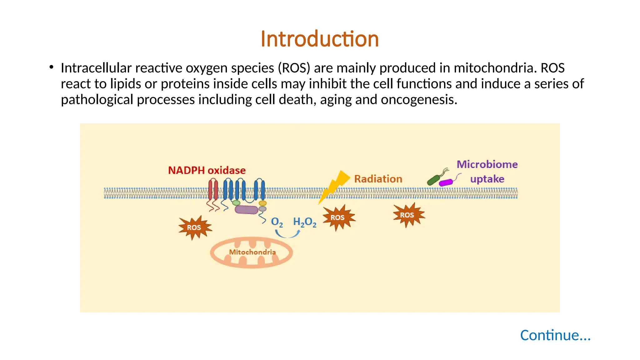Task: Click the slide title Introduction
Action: tap(320, 39)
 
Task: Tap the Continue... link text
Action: tap(555, 335)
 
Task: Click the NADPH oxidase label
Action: tap(207, 170)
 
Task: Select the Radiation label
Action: tap(378, 179)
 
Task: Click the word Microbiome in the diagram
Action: tap(487, 164)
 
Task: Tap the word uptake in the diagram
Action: tap(487, 179)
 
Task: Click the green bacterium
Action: tap(433, 180)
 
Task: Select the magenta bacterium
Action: tap(446, 182)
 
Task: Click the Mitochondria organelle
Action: tap(252, 252)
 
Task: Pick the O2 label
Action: tap(277, 222)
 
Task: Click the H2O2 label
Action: tap(304, 222)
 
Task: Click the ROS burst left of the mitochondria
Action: tap(194, 227)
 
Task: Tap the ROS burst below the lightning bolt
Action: tap(338, 217)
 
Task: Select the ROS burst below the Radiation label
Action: tap(408, 215)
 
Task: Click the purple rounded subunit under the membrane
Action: tap(246, 209)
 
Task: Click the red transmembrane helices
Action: tap(213, 190)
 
